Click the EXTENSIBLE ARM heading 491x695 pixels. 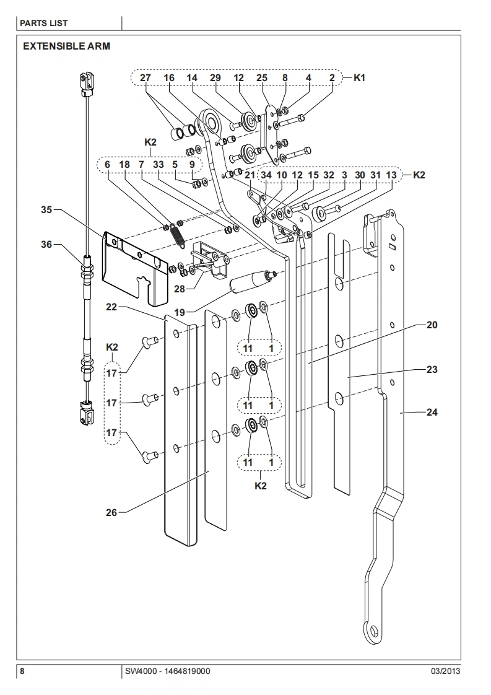[66, 46]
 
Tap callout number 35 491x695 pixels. [46, 210]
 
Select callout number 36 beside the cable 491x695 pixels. [46, 245]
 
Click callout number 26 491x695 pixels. [111, 512]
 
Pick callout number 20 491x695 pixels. [432, 325]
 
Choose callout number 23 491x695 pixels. [432, 369]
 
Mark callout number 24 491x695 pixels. [432, 412]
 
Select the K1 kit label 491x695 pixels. [360, 79]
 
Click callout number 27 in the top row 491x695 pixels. [146, 79]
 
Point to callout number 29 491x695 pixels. [215, 79]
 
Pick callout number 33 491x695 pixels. [159, 165]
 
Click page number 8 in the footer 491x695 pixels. [22, 671]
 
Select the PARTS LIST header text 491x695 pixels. [44, 23]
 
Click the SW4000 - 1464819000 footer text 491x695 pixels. [167, 671]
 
